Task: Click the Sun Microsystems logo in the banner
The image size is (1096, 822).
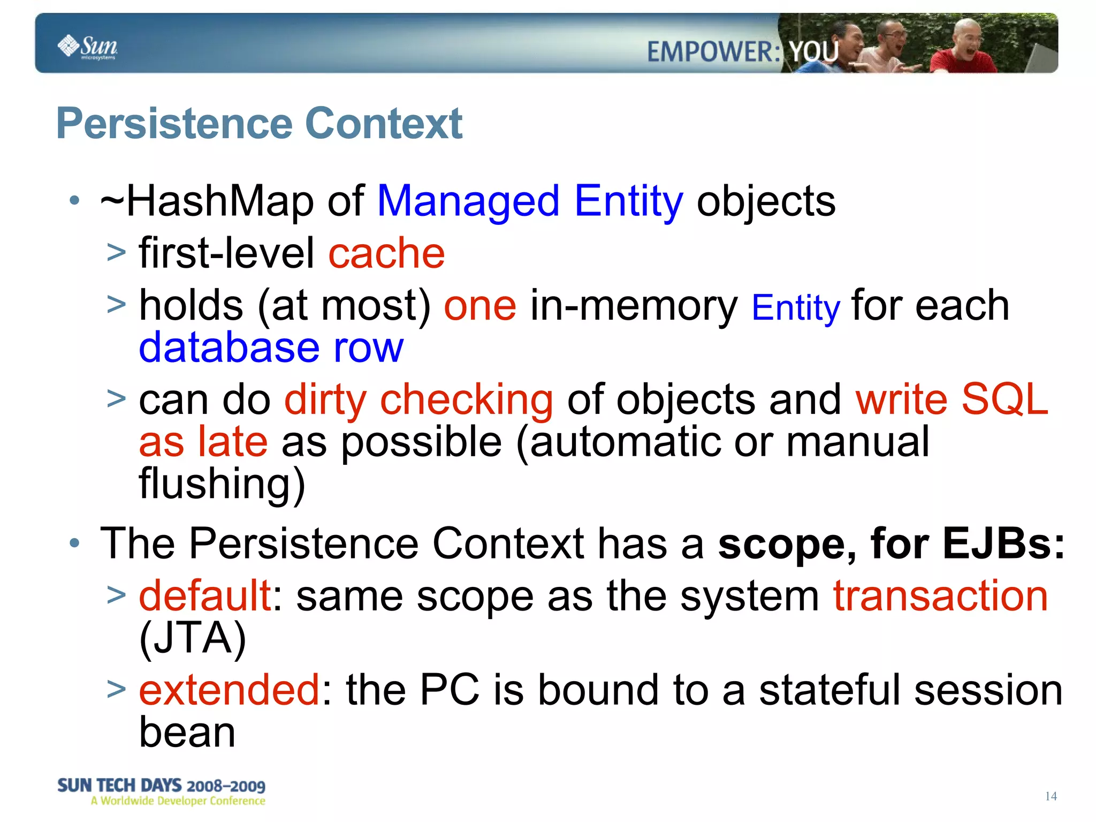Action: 87,47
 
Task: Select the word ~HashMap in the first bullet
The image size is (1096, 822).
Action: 207,201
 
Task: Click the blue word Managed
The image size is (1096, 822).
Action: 468,201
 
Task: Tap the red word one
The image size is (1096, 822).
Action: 480,305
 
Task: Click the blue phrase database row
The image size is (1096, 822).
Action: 271,348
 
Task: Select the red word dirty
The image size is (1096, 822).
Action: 325,399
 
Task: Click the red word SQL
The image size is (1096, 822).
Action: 1004,399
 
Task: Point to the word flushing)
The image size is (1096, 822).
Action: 222,484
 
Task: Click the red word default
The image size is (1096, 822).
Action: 205,595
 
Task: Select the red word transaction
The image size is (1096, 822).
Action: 940,595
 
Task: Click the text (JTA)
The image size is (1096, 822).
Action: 193,638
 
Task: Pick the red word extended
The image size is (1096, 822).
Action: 230,690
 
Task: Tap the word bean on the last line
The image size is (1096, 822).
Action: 187,733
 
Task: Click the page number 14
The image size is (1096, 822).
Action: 1051,796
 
